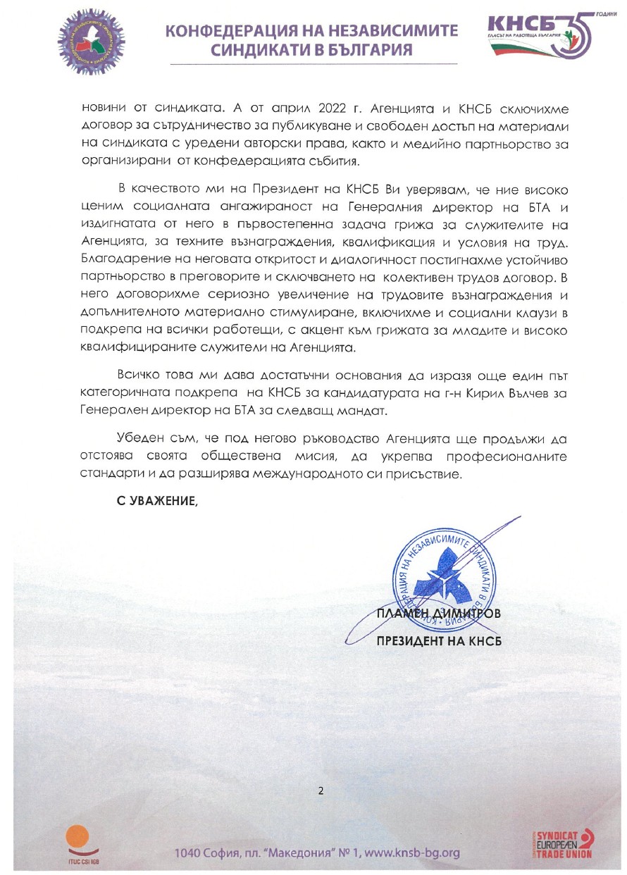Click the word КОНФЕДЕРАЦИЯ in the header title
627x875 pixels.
point(236,31)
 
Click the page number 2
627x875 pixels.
point(321,790)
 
